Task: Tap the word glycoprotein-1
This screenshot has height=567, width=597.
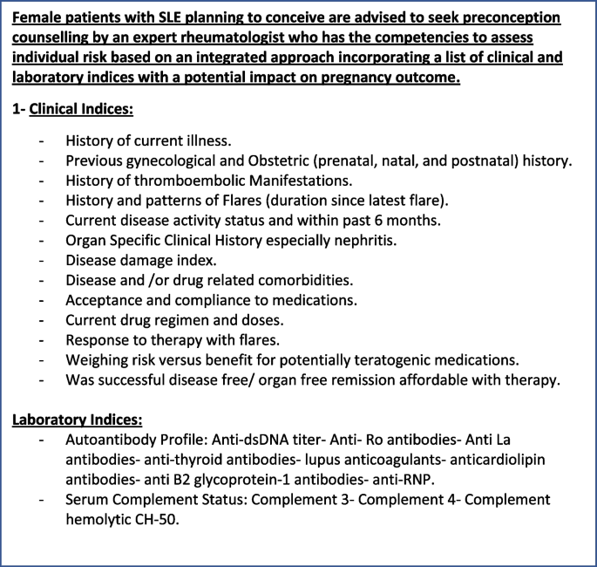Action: pos(220,479)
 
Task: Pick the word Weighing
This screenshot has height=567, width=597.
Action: pos(98,359)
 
